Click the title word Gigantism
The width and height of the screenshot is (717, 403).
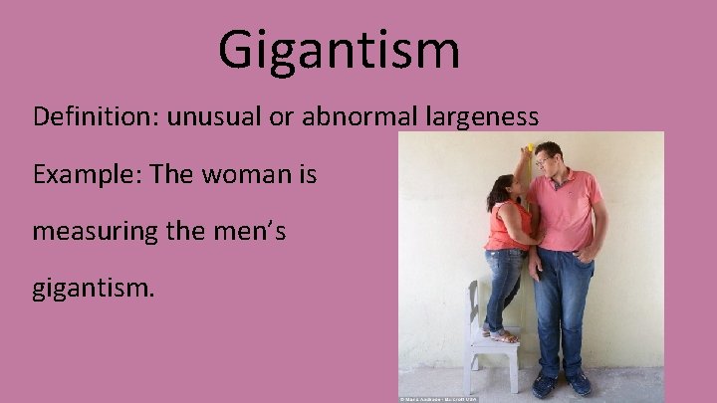[x=339, y=49]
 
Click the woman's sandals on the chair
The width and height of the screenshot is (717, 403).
[x=502, y=335]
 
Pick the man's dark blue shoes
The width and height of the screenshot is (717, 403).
[x=563, y=384]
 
